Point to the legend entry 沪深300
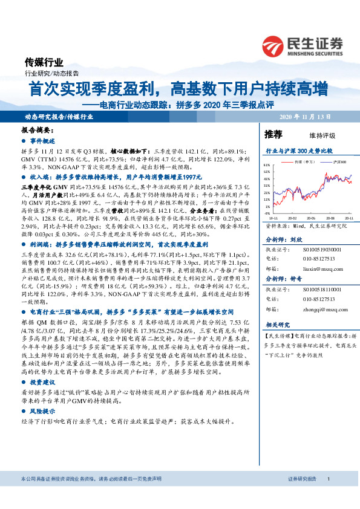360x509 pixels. point(340,162)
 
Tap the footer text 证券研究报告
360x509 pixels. point(301,495)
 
